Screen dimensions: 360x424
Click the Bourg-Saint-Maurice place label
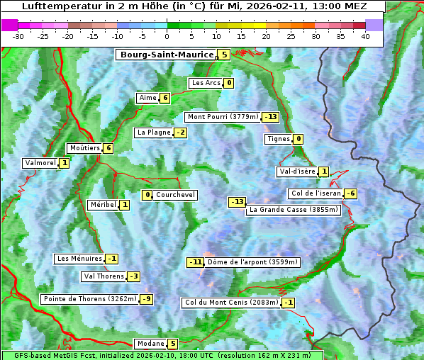point(167,55)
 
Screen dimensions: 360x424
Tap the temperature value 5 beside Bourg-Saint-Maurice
point(224,55)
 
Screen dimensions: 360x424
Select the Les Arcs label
point(206,83)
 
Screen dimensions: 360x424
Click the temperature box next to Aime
point(164,98)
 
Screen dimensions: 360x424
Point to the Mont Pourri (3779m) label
point(223,117)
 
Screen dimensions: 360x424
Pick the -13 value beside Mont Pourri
point(270,117)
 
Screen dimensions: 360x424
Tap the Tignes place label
point(279,139)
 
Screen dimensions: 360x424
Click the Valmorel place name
point(40,163)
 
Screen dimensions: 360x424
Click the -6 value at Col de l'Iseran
point(350,193)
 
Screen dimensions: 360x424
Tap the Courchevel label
point(175,195)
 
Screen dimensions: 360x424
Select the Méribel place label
point(103,205)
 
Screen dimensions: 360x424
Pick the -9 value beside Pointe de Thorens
point(146,299)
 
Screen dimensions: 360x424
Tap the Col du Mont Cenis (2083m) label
point(231,303)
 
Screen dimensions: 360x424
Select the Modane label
point(150,344)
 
